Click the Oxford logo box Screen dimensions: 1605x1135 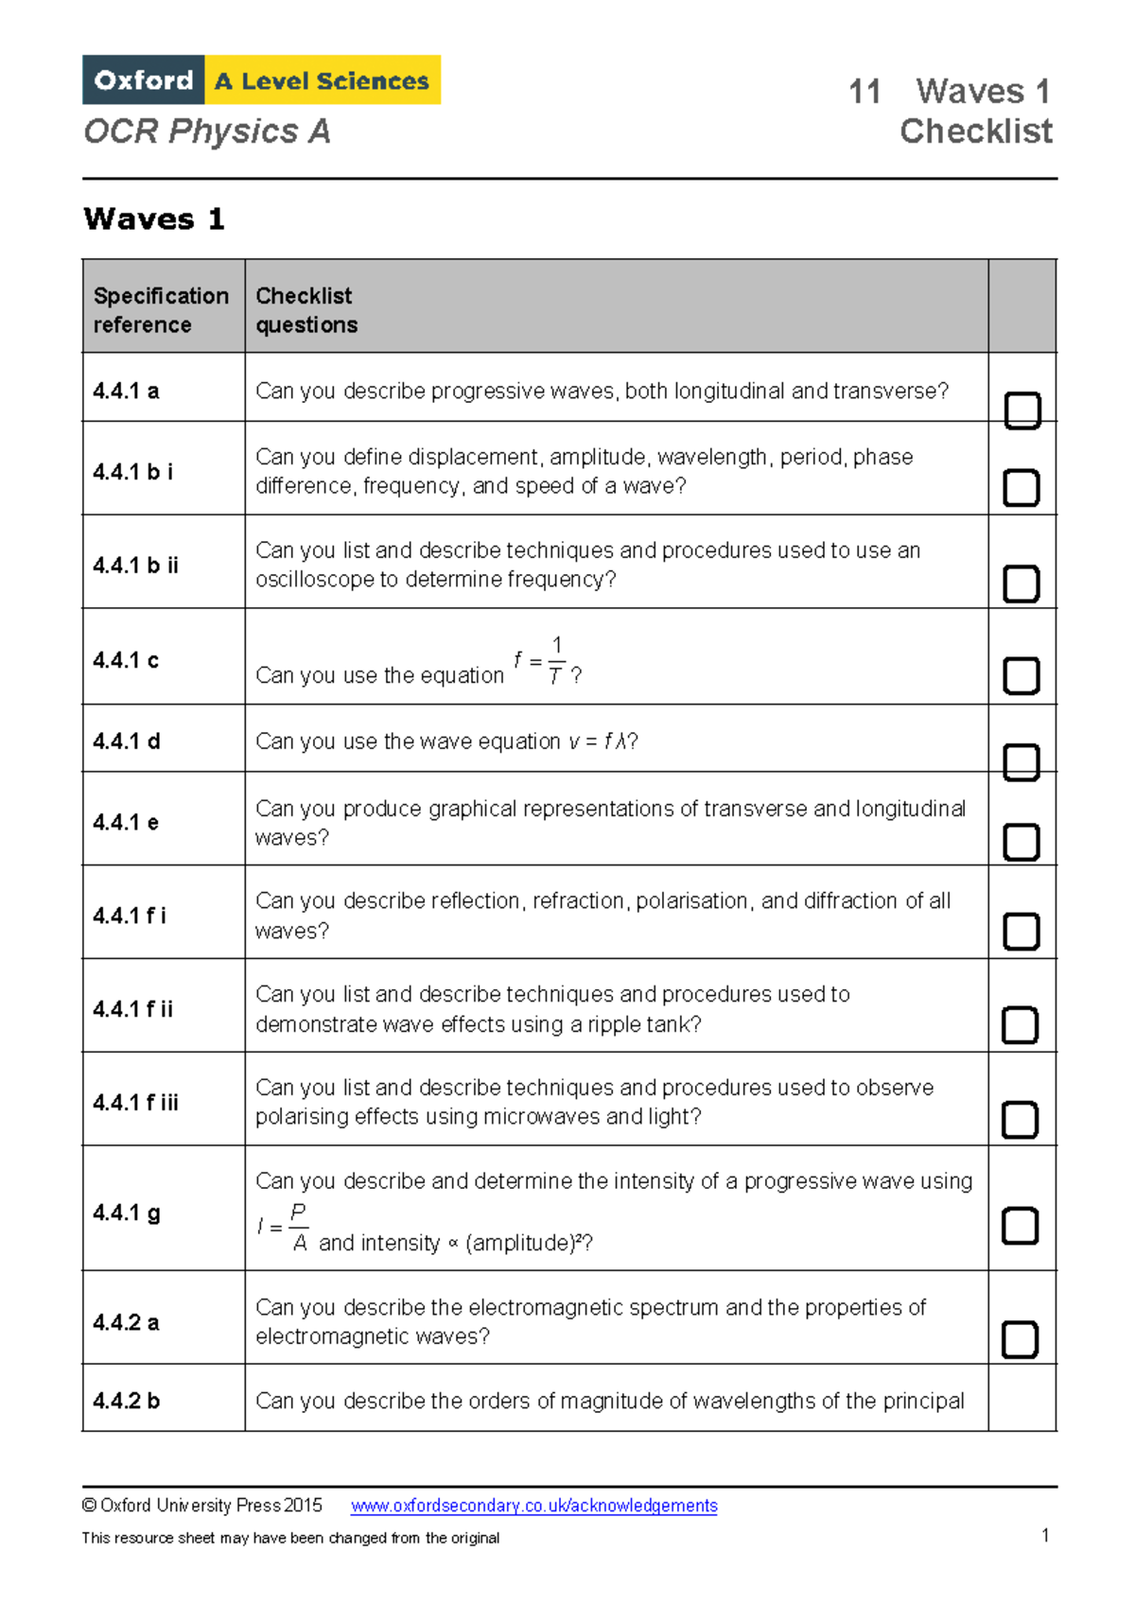[144, 80]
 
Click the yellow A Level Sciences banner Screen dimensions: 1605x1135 [323, 80]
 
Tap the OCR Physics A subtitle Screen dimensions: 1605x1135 [207, 131]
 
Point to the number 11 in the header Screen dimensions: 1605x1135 [864, 92]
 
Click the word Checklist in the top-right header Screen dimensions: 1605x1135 [975, 131]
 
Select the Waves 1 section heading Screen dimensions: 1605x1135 [154, 219]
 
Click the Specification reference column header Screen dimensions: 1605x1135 [161, 309]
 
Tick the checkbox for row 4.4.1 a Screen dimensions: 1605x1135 [1021, 410]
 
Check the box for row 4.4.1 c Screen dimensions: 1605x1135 [1021, 675]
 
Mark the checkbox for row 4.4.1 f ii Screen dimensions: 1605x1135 [1020, 1024]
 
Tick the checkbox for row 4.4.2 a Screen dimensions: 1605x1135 [1020, 1339]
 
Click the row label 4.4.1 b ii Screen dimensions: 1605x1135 [135, 566]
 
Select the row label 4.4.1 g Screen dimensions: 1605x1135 [127, 1212]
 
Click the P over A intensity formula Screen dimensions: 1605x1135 [285, 1227]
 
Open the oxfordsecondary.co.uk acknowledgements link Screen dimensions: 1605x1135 [533, 1505]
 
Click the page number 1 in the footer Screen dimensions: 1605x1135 [1045, 1534]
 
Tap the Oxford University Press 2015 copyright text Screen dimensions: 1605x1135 [202, 1505]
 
